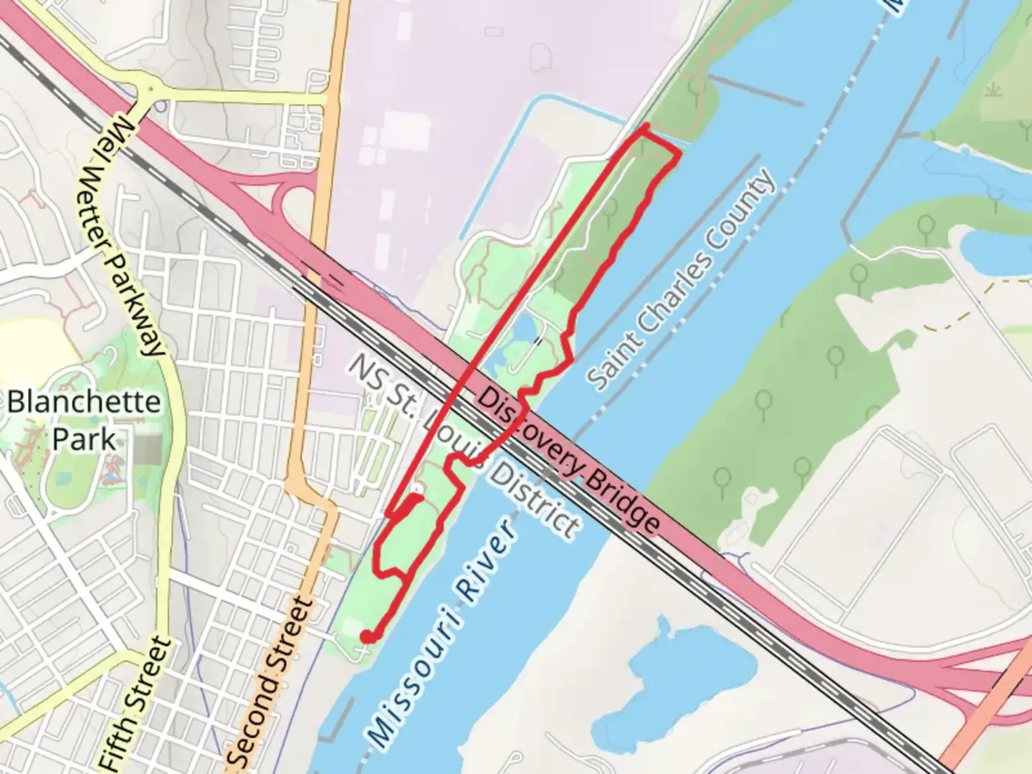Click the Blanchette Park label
(x=83, y=419)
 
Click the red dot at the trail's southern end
(x=366, y=636)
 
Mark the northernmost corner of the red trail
(x=646, y=126)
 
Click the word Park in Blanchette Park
(x=83, y=439)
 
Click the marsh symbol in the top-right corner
(x=994, y=91)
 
